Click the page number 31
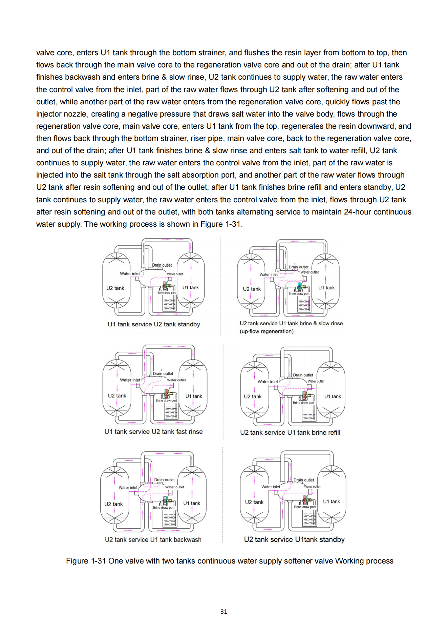(224, 611)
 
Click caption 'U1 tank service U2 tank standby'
(154, 324)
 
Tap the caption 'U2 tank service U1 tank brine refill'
(290, 432)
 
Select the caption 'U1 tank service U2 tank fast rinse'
(153, 432)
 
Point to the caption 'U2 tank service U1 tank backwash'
(153, 539)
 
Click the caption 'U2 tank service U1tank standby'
(294, 539)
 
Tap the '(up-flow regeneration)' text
(266, 331)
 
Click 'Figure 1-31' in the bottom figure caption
(86, 561)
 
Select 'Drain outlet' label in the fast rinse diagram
(163, 373)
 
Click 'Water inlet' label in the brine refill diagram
(268, 382)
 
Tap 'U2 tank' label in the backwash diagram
(113, 504)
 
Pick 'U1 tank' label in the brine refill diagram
(333, 396)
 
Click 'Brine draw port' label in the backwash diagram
(164, 508)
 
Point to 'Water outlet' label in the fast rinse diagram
(176, 380)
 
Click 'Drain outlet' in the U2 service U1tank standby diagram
(304, 480)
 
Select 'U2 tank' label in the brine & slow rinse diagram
(252, 289)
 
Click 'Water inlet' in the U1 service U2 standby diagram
(130, 273)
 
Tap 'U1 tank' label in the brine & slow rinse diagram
(326, 288)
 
